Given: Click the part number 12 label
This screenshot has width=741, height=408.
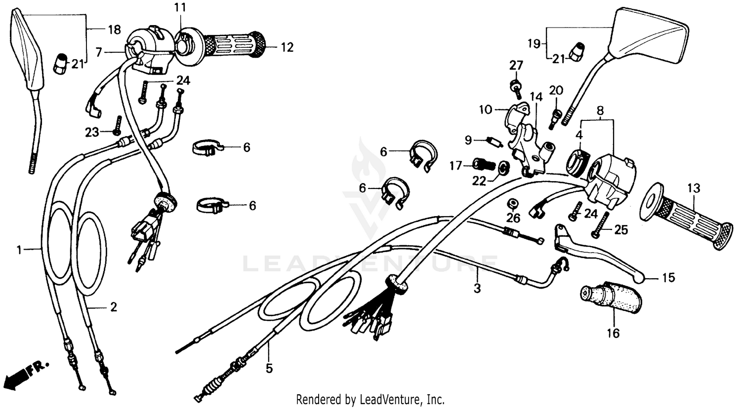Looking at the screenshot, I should click(287, 47).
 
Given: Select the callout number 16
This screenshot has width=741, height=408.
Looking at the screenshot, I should click(613, 334).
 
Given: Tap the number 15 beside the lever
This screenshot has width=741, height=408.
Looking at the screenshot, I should click(668, 278).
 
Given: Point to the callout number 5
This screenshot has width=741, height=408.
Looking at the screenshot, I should click(269, 368).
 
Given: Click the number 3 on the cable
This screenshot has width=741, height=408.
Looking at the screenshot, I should click(477, 288).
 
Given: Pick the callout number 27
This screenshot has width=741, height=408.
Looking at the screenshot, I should click(516, 66).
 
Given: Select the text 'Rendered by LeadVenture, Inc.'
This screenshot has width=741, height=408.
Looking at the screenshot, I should click(370, 399).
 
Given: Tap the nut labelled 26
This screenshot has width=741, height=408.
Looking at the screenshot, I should click(513, 203).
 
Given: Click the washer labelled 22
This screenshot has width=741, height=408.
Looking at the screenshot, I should click(503, 168).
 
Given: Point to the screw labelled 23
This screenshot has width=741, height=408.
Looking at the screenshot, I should click(117, 125).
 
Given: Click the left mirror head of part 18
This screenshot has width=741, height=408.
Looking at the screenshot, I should click(27, 52).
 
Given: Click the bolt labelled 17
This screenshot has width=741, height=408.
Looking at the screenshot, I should click(484, 163).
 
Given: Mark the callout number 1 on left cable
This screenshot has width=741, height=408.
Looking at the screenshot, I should click(19, 251).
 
